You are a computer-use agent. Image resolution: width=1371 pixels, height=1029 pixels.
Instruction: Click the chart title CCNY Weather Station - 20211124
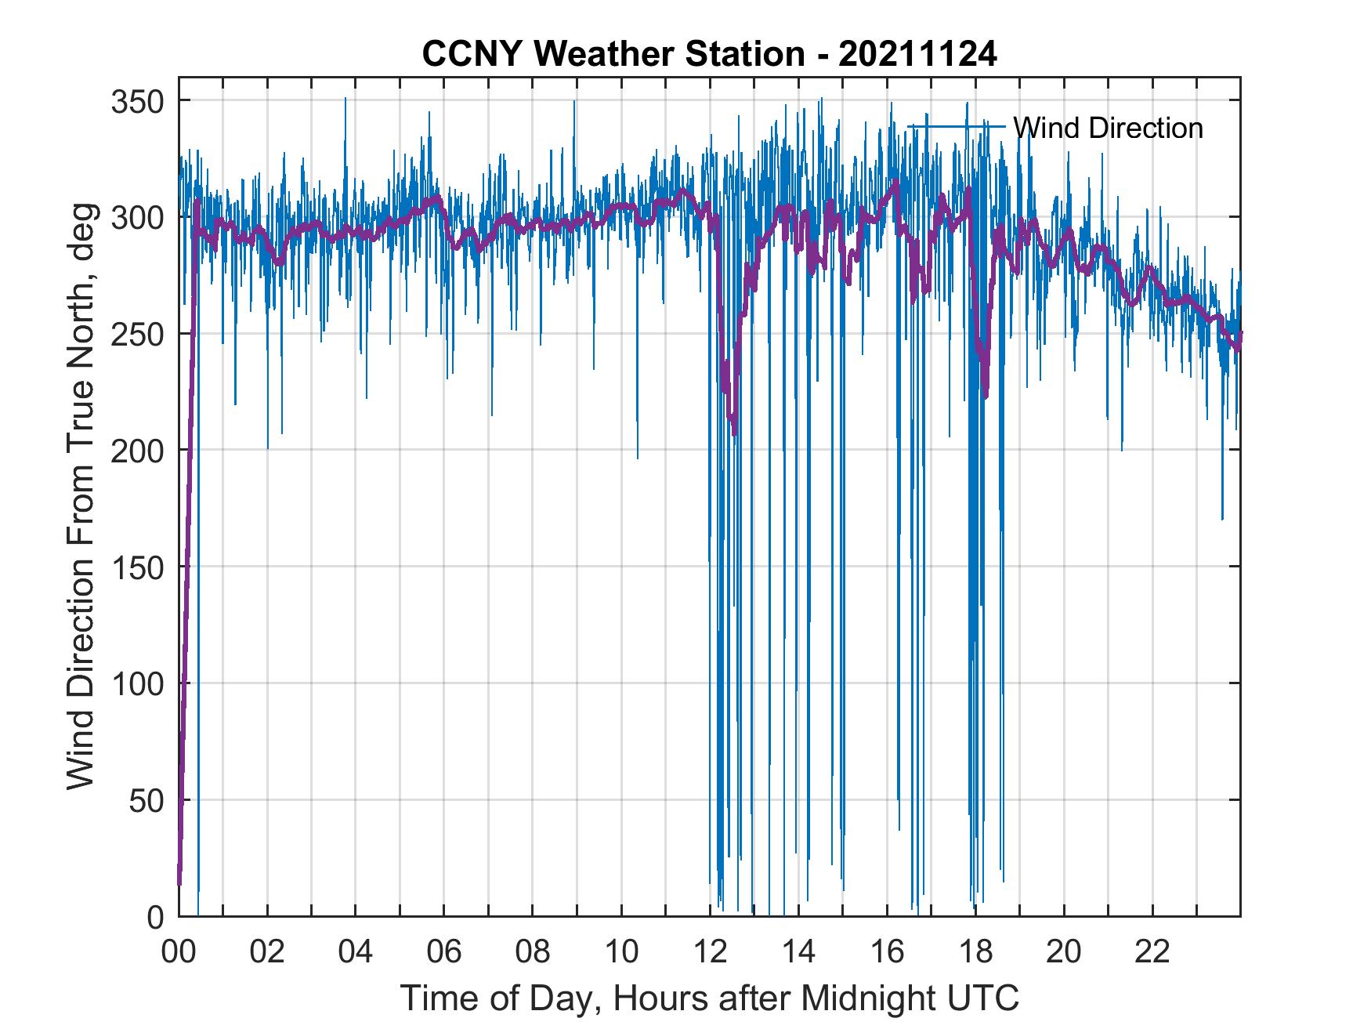[x=709, y=54]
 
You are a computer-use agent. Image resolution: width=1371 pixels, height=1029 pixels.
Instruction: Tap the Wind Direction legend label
[x=1108, y=128]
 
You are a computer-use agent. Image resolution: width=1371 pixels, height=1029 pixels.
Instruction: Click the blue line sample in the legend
[x=956, y=126]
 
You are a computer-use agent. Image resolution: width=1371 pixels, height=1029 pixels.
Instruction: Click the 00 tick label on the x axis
[x=179, y=952]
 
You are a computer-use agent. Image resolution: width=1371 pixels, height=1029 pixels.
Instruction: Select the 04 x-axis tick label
[x=356, y=952]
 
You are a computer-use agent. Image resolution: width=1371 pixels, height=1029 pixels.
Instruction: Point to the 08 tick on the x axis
[x=533, y=952]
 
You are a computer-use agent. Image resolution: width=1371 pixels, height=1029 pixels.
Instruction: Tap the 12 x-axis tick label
[x=710, y=952]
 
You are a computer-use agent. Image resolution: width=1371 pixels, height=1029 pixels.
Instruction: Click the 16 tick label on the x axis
[x=887, y=952]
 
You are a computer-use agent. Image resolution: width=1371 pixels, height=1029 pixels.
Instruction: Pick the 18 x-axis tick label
[x=975, y=952]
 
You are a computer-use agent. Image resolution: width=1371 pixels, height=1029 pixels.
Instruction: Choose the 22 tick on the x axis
[x=1152, y=952]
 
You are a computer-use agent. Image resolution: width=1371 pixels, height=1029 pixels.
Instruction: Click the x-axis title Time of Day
[x=710, y=998]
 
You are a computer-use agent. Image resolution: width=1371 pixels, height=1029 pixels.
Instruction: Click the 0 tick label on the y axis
[x=155, y=916]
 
